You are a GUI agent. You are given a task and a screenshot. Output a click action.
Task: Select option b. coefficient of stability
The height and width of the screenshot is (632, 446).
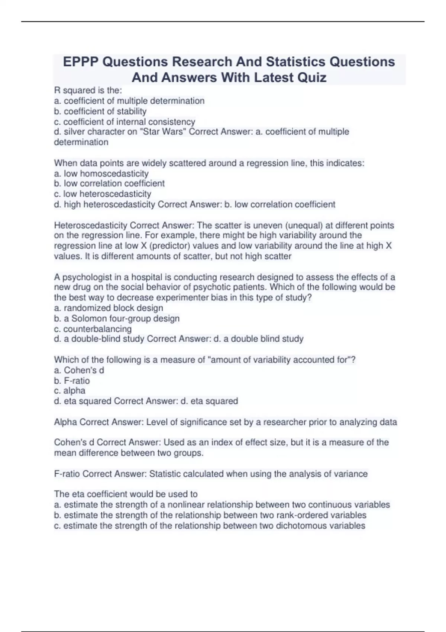pyautogui.click(x=100, y=111)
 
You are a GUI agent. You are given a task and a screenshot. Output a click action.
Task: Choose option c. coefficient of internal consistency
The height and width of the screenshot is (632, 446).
pyautogui.click(x=125, y=122)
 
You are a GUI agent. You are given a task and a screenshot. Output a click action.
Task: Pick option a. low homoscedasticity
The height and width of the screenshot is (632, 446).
pyautogui.click(x=101, y=174)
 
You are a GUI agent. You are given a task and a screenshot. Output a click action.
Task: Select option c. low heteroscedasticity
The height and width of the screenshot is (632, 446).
pyautogui.click(x=103, y=194)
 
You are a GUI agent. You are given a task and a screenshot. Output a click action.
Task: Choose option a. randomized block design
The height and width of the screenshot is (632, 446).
pyautogui.click(x=109, y=308)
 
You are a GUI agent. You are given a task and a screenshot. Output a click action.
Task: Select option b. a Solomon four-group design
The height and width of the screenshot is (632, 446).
pyautogui.click(x=117, y=318)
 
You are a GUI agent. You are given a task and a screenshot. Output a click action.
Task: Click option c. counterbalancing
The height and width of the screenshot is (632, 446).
pyautogui.click(x=93, y=329)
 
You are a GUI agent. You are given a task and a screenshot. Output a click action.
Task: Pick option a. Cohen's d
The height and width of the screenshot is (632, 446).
pyautogui.click(x=79, y=370)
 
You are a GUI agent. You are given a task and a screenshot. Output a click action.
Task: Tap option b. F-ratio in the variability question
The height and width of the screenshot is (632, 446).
pyautogui.click(x=72, y=381)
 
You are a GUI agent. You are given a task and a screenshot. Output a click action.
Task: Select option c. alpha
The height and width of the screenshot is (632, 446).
pyautogui.click(x=70, y=391)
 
